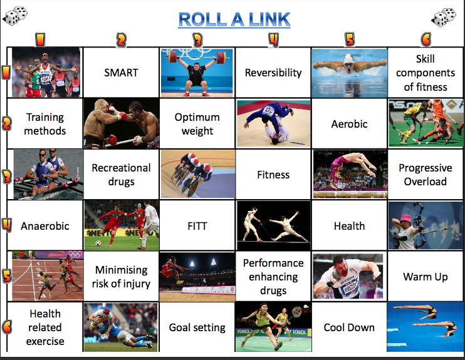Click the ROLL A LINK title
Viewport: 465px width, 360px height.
[x=234, y=19]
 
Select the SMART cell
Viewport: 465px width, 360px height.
[x=121, y=73]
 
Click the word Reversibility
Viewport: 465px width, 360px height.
[x=273, y=73]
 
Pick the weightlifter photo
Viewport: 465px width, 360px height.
[x=197, y=72]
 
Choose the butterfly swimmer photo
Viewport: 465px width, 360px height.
[x=349, y=72]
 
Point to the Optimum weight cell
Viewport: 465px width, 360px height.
[x=197, y=124]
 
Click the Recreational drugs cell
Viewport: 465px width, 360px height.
[x=121, y=175]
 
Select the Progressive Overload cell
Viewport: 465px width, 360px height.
[x=425, y=175]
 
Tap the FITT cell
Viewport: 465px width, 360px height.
[x=197, y=226]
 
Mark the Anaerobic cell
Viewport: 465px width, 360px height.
[x=44, y=226]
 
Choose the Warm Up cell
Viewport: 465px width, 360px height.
[x=425, y=276]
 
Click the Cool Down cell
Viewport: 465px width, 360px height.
[x=349, y=327]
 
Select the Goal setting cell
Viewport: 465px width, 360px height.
[x=197, y=327]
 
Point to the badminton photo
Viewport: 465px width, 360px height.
[x=273, y=327]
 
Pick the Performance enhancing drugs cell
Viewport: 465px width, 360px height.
[x=273, y=276]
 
